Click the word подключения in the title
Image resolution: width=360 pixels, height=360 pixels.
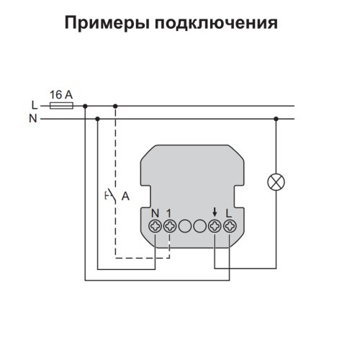click(216, 23)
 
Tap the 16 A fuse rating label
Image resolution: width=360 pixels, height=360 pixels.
click(61, 95)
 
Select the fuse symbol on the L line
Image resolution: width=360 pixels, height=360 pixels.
click(61, 106)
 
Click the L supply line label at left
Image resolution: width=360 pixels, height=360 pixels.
click(35, 105)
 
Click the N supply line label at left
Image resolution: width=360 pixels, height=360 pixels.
click(33, 119)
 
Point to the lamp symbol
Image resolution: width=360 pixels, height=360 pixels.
click(276, 182)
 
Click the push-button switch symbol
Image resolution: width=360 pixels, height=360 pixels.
click(111, 196)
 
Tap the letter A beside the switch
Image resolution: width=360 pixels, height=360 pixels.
click(125, 197)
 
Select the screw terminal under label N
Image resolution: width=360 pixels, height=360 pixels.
click(155, 226)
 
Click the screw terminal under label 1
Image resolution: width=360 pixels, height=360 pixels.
click(170, 226)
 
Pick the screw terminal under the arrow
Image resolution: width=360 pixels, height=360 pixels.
click(215, 226)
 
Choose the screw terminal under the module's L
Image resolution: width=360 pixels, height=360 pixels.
click(230, 226)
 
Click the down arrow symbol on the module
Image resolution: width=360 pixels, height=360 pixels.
click(215, 212)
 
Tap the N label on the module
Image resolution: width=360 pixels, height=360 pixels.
click(156, 213)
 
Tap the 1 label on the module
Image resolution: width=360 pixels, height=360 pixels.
click(169, 213)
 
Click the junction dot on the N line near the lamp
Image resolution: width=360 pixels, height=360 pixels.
click(276, 119)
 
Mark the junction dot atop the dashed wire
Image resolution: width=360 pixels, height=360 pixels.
click(115, 106)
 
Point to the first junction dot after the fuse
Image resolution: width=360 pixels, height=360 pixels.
click(85, 106)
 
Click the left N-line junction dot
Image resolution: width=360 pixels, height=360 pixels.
click(97, 119)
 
